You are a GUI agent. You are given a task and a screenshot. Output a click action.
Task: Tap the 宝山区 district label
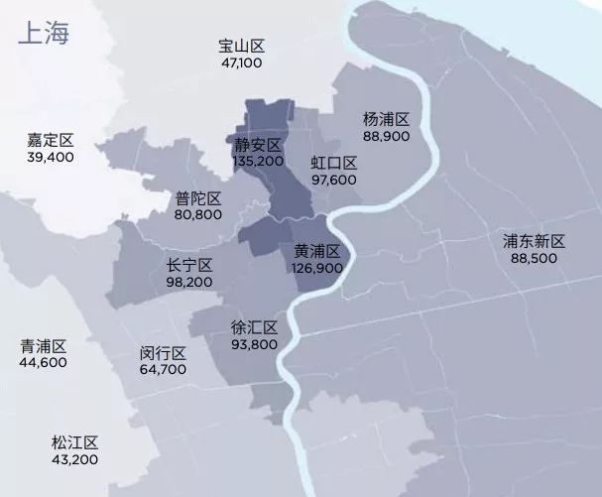pos(242,47)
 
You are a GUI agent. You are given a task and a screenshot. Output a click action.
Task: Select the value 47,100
pos(242,62)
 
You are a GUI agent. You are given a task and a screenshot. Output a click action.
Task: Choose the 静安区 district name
pos(258,144)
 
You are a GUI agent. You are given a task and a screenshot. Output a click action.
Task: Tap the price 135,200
pos(258,160)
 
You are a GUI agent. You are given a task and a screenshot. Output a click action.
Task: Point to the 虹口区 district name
pos(333,163)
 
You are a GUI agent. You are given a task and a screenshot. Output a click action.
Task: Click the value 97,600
pos(333,180)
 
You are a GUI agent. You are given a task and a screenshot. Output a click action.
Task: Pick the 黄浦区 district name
pos(317,251)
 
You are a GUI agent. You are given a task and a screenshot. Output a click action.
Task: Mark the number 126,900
pos(317,267)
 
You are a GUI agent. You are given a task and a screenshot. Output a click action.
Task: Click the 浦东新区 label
pos(534,241)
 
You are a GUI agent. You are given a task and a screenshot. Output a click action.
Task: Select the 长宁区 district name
pos(190,265)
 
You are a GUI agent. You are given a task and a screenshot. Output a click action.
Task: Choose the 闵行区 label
pos(164,353)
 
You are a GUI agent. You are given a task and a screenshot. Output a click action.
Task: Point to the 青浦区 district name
pos(44,346)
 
